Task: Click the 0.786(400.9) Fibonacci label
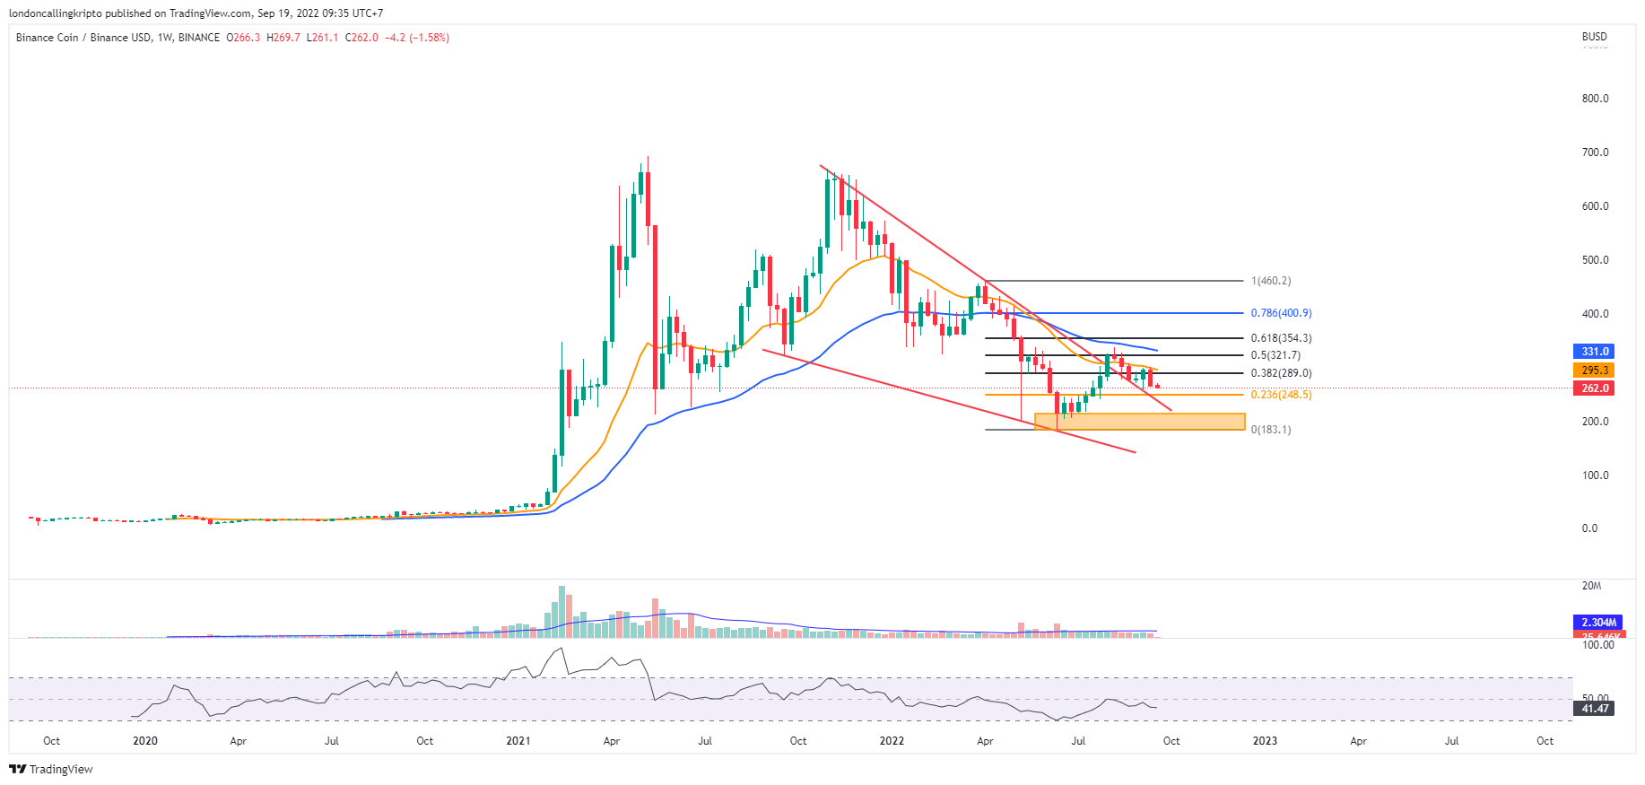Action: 1281,313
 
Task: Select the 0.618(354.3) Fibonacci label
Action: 1281,338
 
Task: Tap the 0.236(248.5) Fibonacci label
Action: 1281,395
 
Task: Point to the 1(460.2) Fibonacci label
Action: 1271,281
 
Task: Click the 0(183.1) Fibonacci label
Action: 1271,430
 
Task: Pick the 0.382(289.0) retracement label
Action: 1281,373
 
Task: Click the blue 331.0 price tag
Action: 1595,352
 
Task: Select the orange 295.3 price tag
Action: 1595,371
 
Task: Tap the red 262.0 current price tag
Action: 1595,388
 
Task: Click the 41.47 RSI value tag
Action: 1595,709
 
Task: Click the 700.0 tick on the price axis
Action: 1595,153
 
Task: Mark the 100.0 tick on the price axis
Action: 1595,475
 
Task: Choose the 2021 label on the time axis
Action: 518,741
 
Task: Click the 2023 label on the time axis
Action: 1265,741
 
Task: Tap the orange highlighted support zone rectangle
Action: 1139,422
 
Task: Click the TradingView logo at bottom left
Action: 51,769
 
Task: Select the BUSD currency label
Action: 1594,37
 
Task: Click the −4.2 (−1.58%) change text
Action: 417,38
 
